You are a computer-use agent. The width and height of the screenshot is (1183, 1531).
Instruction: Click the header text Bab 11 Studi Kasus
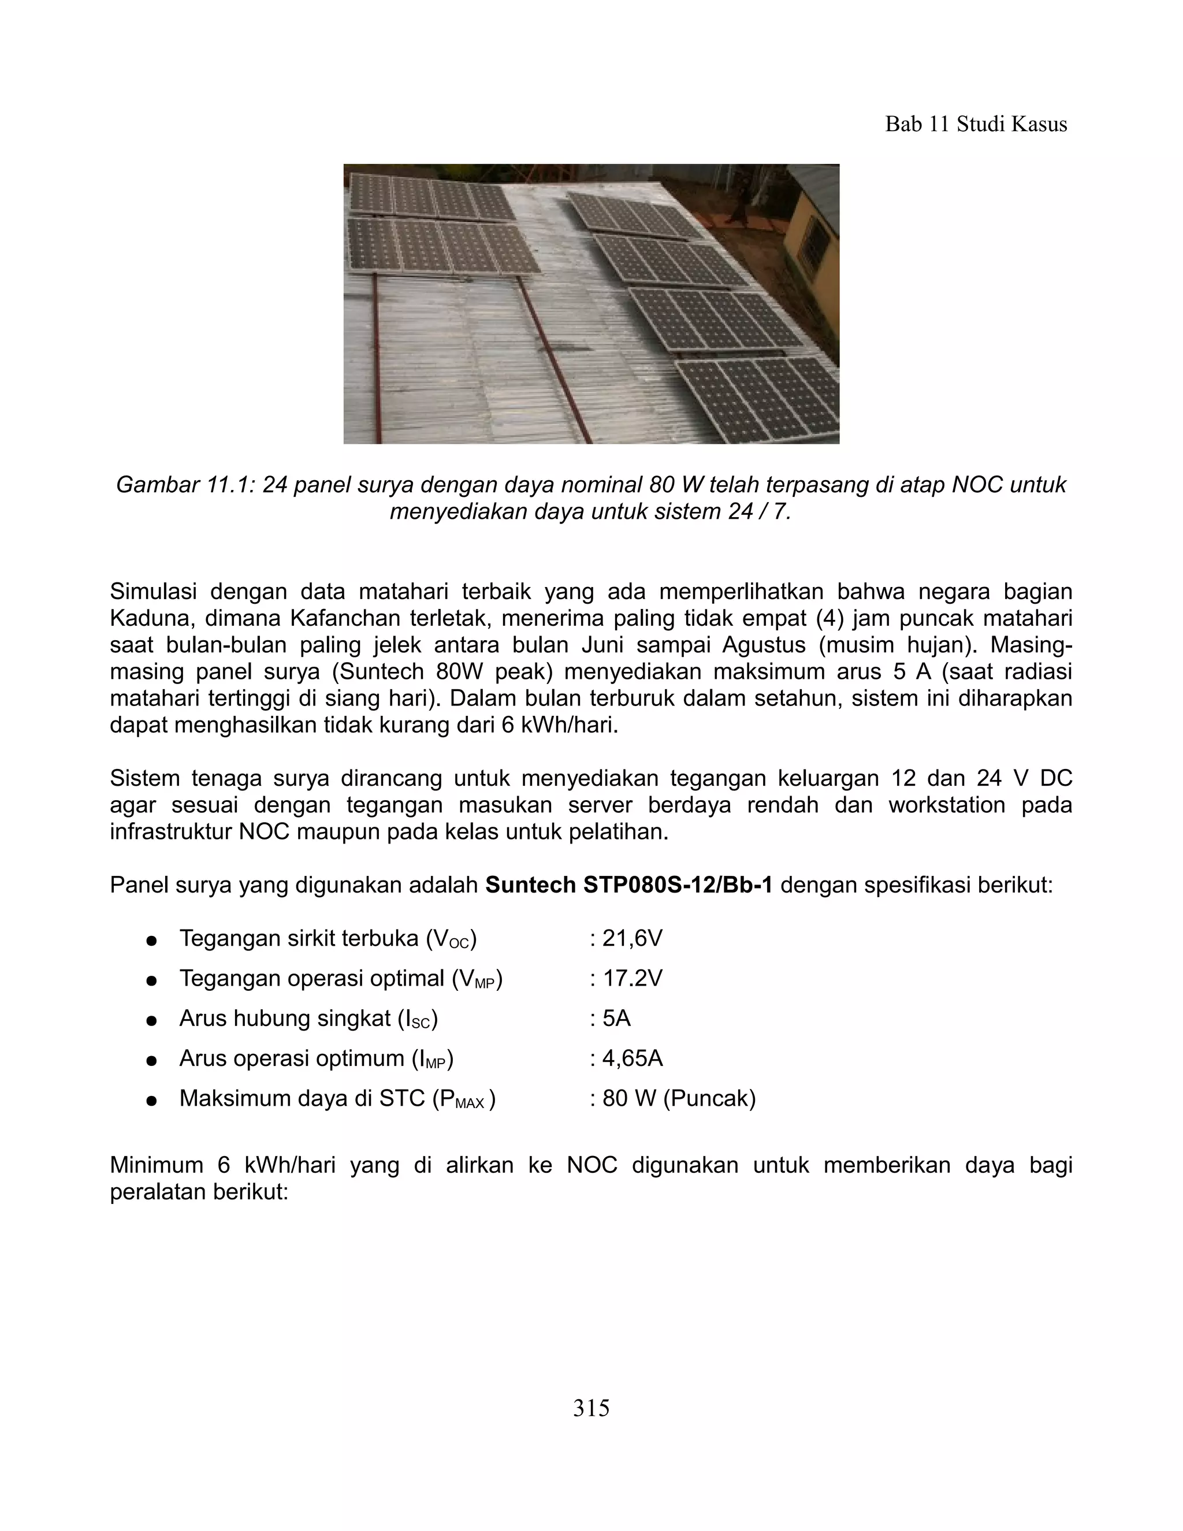[976, 124]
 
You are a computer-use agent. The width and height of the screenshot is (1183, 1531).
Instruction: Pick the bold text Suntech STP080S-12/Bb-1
[628, 885]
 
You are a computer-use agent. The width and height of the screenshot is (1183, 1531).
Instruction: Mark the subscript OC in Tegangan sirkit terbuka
[460, 944]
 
